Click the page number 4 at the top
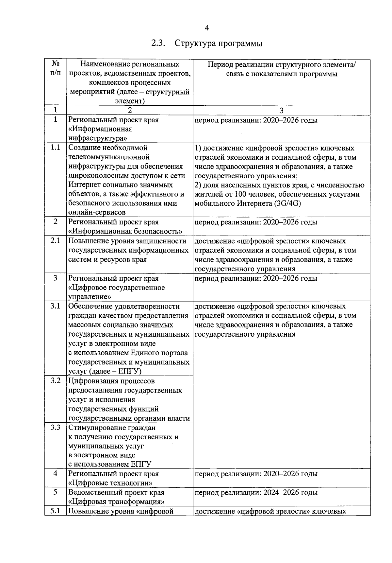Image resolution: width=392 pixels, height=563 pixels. (206, 28)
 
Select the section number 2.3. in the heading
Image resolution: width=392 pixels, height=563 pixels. (159, 43)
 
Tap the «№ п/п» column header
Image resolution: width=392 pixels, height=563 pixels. (55, 68)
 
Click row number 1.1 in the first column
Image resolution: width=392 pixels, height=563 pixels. (55, 148)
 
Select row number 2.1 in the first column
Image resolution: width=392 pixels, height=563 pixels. (55, 241)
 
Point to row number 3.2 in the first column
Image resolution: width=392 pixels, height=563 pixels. (55, 381)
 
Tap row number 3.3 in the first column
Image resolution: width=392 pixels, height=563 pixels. (55, 427)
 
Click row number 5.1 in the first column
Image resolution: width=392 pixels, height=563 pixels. (55, 511)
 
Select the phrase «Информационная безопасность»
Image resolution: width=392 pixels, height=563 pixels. (125, 232)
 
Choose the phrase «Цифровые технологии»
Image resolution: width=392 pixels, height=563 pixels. (111, 483)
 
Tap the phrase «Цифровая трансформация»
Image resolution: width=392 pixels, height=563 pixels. (116, 502)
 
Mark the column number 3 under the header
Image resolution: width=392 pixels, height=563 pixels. (281, 111)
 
